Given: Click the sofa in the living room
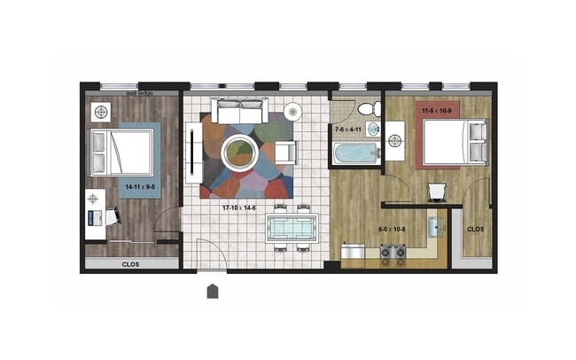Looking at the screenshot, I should (x=238, y=113).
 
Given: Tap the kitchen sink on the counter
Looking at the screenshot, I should (x=435, y=228).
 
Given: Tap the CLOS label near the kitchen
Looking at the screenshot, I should (x=476, y=229).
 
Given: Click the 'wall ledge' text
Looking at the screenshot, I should (x=141, y=91).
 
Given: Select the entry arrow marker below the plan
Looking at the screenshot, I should (x=213, y=291).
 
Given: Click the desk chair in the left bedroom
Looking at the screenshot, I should (x=113, y=215).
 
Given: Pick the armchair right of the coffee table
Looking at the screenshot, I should (x=284, y=153).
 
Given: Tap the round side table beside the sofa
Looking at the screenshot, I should (x=294, y=112).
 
